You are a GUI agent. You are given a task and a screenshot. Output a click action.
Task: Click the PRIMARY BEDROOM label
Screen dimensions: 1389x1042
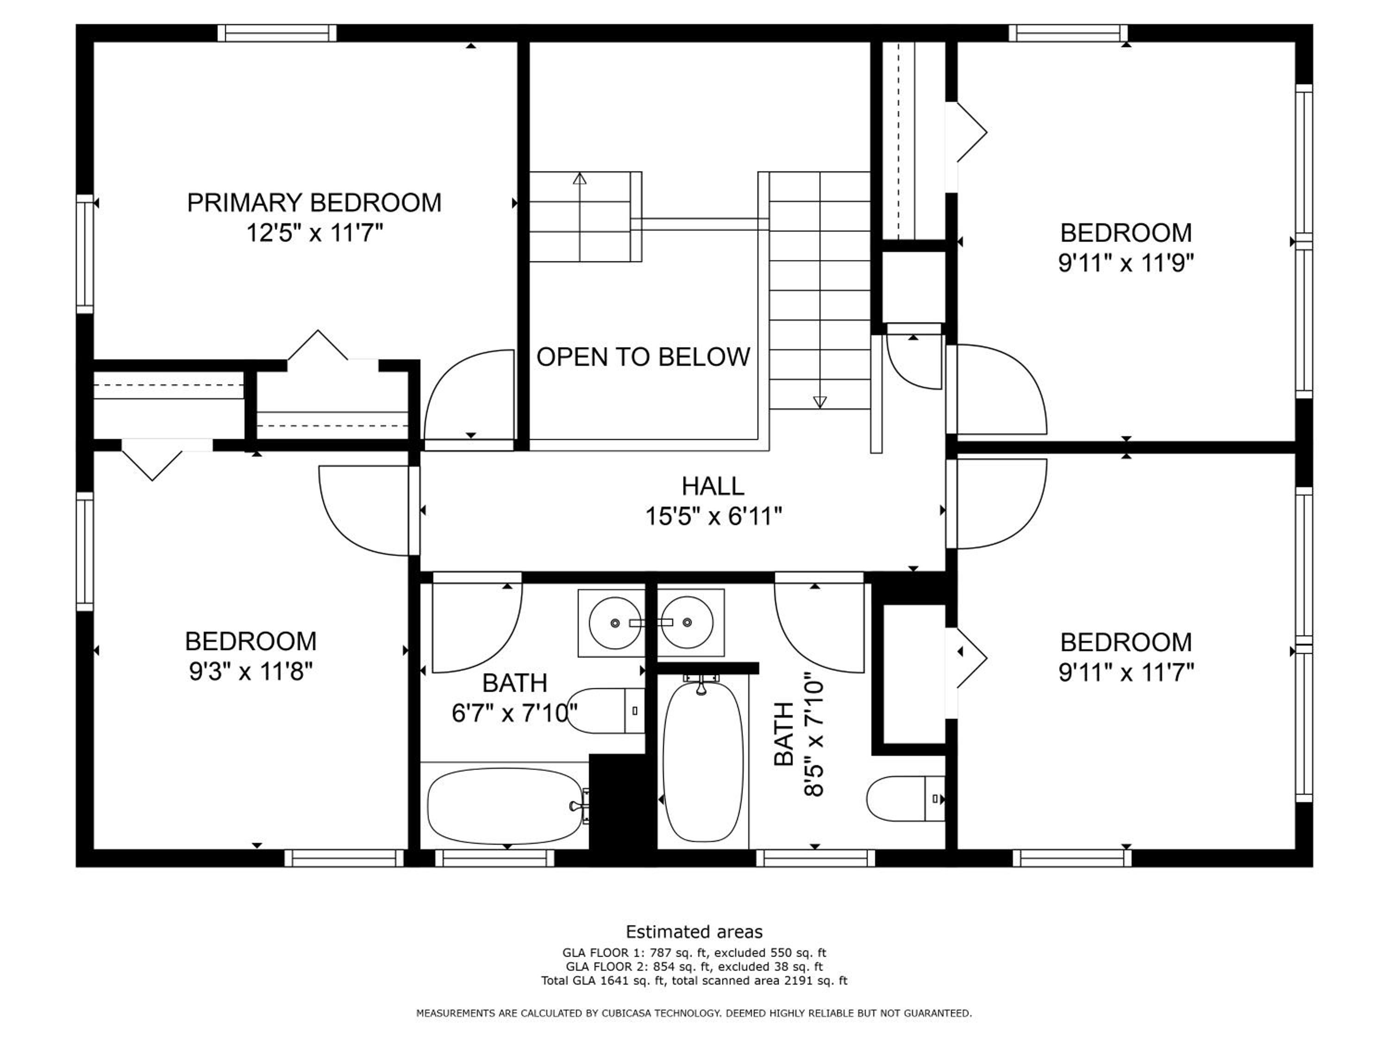[x=314, y=203]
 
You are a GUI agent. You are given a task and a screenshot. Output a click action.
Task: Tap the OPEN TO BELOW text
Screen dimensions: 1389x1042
[x=643, y=357]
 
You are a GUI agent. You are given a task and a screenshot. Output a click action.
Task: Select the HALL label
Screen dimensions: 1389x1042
[x=713, y=486]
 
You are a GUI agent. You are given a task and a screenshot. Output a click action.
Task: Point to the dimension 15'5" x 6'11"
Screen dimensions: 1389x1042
[x=713, y=517]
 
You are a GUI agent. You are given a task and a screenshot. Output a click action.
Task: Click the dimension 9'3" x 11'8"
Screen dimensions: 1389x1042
[x=250, y=672]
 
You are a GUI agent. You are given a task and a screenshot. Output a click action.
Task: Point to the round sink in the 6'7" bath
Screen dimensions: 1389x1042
[x=615, y=623]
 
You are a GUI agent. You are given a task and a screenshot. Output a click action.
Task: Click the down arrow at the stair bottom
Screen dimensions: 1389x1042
[x=820, y=402]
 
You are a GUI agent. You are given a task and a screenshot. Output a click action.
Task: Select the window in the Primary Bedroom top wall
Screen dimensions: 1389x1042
[x=277, y=33]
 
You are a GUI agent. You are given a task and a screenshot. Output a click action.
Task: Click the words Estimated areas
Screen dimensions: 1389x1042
[x=694, y=931]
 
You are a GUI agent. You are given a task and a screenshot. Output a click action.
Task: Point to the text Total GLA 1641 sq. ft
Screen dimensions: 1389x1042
[x=603, y=980]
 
